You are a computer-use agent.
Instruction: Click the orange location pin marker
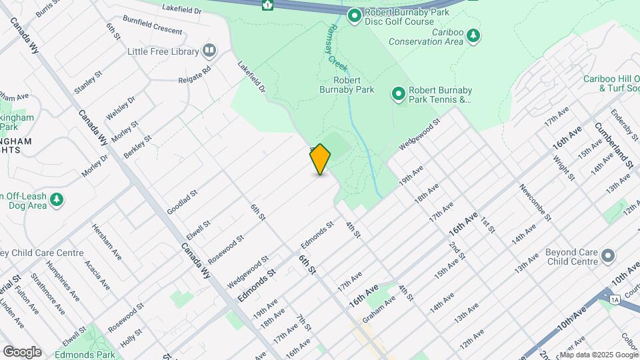point(320,159)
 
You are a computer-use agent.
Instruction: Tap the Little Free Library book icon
point(209,51)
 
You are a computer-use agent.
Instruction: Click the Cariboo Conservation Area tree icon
point(473,35)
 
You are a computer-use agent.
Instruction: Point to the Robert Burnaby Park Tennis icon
point(398,94)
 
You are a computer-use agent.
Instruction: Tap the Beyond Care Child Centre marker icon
point(607,256)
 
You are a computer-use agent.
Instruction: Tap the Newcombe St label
point(535,203)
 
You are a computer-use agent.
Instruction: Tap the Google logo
point(22,351)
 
